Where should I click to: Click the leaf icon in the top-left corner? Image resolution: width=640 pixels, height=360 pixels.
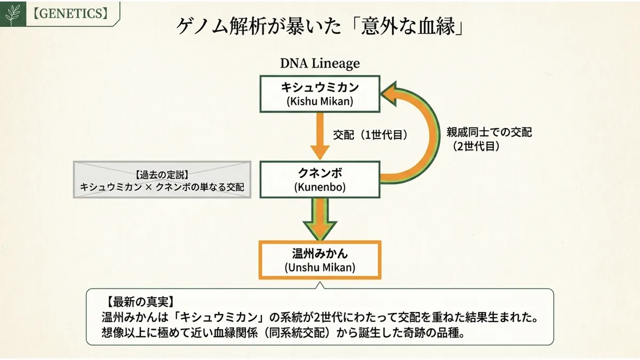pyautogui.click(x=13, y=14)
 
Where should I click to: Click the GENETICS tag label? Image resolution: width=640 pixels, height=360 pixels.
pyautogui.click(x=70, y=13)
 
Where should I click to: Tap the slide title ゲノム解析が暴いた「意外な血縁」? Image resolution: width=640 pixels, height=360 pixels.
pyautogui.click(x=319, y=26)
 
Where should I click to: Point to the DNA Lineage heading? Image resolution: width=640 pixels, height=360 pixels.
pyautogui.click(x=319, y=63)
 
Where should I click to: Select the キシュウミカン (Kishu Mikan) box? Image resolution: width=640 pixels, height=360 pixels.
pyautogui.click(x=319, y=94)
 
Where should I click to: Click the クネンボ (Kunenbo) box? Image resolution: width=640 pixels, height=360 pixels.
pyautogui.click(x=319, y=180)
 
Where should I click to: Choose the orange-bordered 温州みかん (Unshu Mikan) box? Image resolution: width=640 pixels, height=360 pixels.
pyautogui.click(x=319, y=260)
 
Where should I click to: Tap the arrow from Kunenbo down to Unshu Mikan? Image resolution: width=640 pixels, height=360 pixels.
pyautogui.click(x=320, y=219)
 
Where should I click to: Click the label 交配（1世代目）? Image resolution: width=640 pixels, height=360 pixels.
pyautogui.click(x=370, y=135)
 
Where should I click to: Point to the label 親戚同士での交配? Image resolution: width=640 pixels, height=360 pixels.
pyautogui.click(x=489, y=132)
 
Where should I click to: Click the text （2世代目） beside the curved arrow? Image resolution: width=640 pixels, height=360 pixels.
pyautogui.click(x=476, y=146)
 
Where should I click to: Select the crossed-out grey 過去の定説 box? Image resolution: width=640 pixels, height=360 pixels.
pyautogui.click(x=162, y=179)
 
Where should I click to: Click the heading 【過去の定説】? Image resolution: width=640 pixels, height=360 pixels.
pyautogui.click(x=162, y=174)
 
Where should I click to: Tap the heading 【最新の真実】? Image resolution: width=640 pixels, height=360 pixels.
pyautogui.click(x=140, y=301)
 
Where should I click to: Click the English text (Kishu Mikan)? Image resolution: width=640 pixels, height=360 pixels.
pyautogui.click(x=320, y=101)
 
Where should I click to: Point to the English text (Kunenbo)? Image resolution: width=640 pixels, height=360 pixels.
pyautogui.click(x=320, y=187)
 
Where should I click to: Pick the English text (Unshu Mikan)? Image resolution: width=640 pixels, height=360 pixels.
pyautogui.click(x=320, y=268)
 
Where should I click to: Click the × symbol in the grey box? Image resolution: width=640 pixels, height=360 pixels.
pyautogui.click(x=149, y=187)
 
